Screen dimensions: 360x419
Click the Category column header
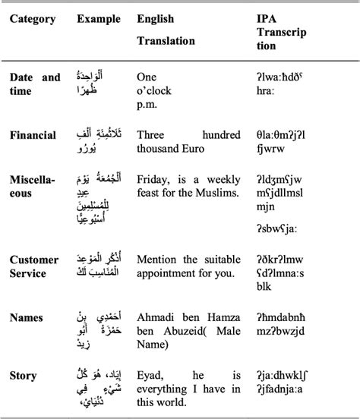tap(33, 18)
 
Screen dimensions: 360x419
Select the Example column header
tap(98, 18)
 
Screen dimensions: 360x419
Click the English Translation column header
tap(166, 29)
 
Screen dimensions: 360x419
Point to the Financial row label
tap(33, 135)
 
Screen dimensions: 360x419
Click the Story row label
tap(24, 375)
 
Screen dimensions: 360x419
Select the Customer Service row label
tap(34, 266)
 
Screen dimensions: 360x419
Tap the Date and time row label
tap(34, 83)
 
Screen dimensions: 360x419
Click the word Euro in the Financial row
tap(218, 150)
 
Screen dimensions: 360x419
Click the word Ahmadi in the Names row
tap(156, 317)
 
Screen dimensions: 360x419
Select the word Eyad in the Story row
tap(151, 375)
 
